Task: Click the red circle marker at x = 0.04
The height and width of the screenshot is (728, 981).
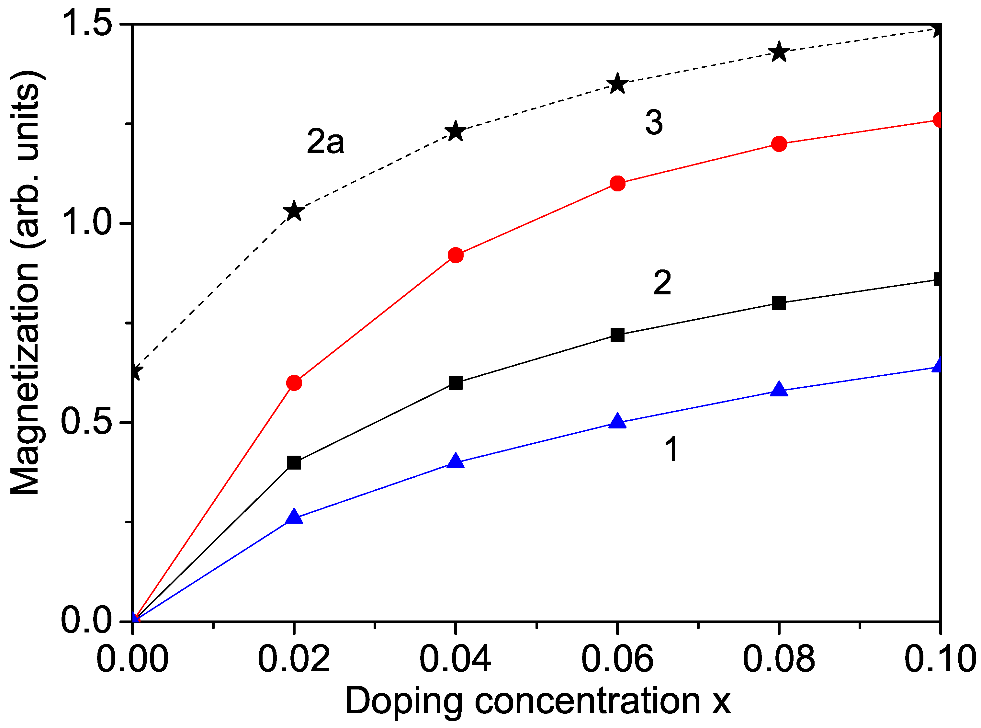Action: pyautogui.click(x=456, y=255)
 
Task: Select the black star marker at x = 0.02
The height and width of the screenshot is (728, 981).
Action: pyautogui.click(x=294, y=210)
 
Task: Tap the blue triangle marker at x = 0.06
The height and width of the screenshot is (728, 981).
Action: pyautogui.click(x=618, y=421)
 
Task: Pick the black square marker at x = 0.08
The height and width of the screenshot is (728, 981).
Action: pyautogui.click(x=779, y=303)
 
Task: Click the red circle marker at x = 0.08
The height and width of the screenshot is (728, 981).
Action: pyautogui.click(x=779, y=144)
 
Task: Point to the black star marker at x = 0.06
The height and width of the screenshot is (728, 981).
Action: pyautogui.click(x=618, y=83)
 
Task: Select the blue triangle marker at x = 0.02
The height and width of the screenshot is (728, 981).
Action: pyautogui.click(x=294, y=517)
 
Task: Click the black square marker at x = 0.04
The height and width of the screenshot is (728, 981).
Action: pyautogui.click(x=456, y=383)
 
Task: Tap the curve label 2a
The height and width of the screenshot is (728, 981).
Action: pyautogui.click(x=325, y=142)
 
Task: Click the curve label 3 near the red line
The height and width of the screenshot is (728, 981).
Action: pyautogui.click(x=654, y=122)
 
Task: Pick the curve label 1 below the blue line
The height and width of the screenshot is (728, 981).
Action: pyautogui.click(x=671, y=449)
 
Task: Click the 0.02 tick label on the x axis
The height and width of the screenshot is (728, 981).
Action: pyautogui.click(x=294, y=659)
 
